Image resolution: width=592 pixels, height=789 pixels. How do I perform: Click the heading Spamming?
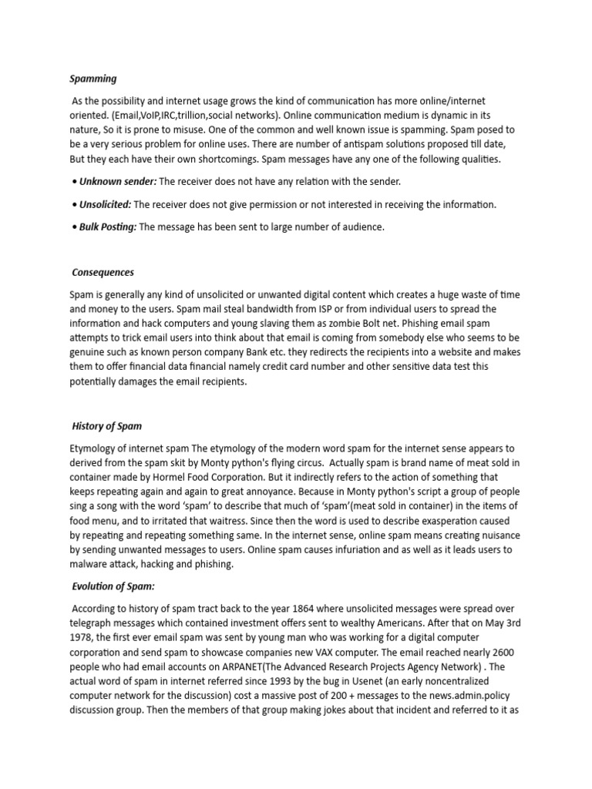(x=93, y=78)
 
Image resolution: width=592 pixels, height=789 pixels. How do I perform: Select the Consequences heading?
(x=103, y=272)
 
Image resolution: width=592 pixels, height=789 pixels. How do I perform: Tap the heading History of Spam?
(x=106, y=425)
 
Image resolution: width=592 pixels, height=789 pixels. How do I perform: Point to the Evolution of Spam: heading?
(x=113, y=586)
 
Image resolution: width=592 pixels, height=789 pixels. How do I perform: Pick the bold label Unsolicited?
(x=105, y=204)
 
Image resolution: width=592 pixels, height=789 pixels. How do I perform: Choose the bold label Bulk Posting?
(x=108, y=227)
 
